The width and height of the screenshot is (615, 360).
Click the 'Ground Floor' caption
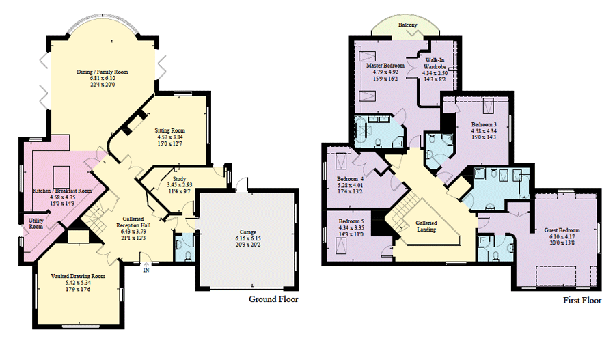(273, 299)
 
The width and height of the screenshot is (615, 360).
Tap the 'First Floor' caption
(582, 301)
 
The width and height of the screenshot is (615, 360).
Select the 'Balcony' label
(407, 25)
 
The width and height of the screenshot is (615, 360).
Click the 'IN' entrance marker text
(146, 271)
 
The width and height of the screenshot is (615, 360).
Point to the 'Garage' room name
(248, 232)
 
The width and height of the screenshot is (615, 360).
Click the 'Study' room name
(179, 178)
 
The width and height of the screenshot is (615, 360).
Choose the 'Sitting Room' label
(170, 130)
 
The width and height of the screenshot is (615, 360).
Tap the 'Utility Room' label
(36, 224)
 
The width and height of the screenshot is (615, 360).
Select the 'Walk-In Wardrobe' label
(435, 64)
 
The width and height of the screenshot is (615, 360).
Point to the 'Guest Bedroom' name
(562, 230)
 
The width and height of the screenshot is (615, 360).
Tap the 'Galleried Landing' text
(426, 226)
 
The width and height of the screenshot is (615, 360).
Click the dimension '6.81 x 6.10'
(102, 79)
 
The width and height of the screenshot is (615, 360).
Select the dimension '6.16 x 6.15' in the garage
(248, 238)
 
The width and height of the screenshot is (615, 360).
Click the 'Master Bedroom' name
(385, 66)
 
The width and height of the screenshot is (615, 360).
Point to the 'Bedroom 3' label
(484, 125)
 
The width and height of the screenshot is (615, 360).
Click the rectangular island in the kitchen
(61, 177)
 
